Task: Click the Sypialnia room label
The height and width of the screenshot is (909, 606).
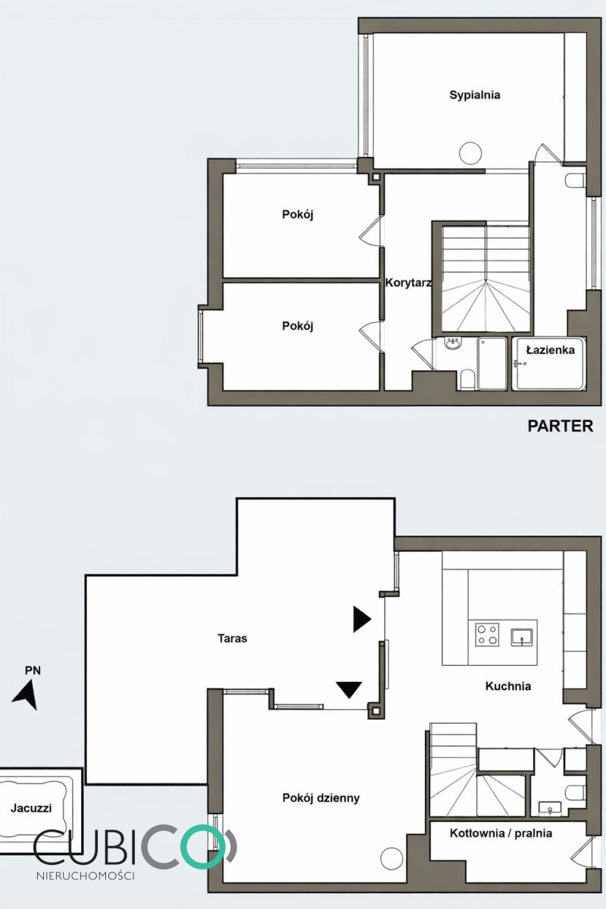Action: pos(474,95)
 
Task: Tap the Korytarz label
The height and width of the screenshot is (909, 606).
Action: pos(408,283)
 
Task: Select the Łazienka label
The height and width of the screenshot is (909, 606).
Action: pos(551,350)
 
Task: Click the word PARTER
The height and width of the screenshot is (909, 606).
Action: pos(560,426)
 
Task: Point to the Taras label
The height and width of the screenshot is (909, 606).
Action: pos(232,639)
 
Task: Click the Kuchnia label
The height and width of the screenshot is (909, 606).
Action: pos(508,686)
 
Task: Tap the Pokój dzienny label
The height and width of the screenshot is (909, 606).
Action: pos(321,798)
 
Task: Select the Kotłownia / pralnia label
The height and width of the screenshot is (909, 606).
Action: pos(501,833)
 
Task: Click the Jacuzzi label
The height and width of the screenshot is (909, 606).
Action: pos(31,808)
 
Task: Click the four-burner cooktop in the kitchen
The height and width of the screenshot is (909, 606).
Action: pos(487,635)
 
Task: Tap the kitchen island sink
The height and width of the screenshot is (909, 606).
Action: pos(522,636)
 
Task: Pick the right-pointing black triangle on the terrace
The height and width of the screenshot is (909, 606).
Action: pos(362,620)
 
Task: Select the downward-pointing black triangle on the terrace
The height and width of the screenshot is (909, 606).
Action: pos(349,689)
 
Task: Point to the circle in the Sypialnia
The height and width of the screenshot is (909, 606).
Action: pos(470,153)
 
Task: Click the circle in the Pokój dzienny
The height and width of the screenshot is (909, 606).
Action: pos(392,858)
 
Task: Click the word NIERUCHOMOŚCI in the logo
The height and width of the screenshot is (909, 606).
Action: pos(86,876)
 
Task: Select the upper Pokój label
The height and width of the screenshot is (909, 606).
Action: pos(298,214)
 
